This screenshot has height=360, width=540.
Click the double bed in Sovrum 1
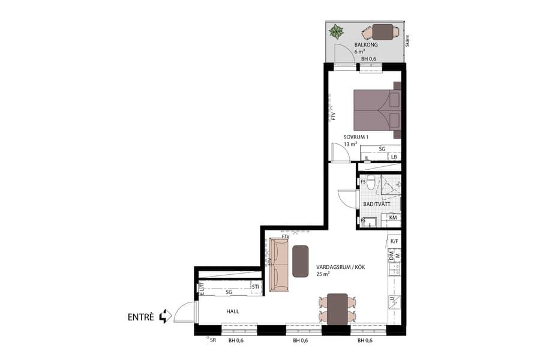376,109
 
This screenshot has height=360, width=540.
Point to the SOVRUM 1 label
356,137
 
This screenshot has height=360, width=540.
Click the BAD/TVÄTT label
377,204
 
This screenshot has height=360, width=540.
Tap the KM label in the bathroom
393,217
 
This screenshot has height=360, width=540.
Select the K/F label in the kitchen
394,241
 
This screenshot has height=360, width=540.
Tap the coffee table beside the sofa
301,261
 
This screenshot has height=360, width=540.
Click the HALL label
233,312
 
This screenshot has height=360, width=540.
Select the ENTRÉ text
141,317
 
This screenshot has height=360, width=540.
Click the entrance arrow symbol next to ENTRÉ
165,317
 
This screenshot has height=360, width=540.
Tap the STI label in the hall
256,287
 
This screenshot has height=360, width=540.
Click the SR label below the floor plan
212,340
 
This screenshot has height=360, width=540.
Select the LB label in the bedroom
394,157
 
